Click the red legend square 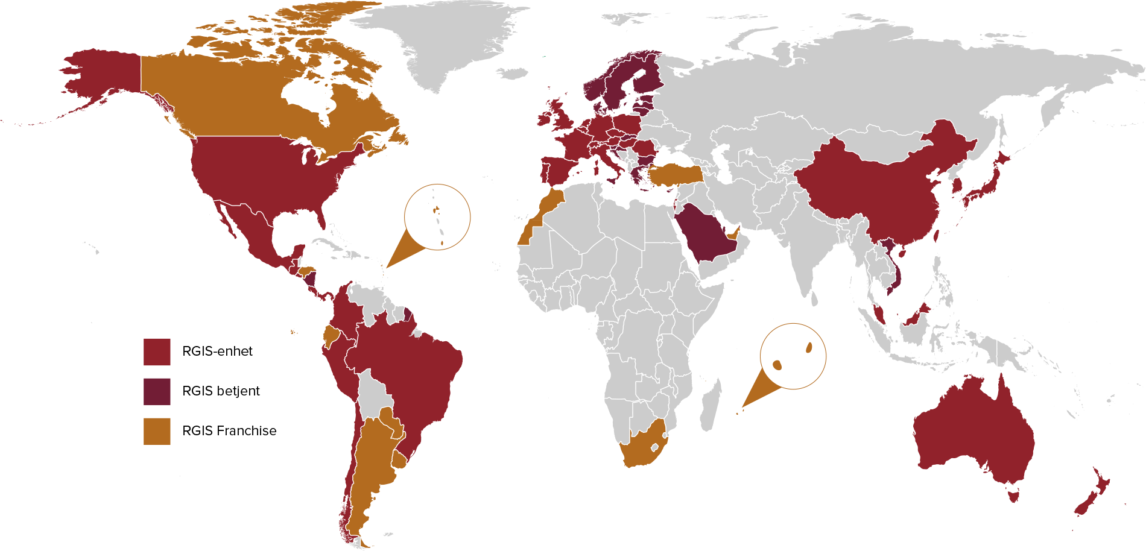point(157,352)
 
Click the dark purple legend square point(157,392)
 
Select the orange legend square point(157,432)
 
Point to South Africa point(642,449)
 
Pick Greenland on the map point(446,42)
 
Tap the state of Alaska point(103,78)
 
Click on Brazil point(410,374)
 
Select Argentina point(368,470)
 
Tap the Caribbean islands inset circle point(437,217)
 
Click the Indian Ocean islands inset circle point(793,356)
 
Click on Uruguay point(400,461)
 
